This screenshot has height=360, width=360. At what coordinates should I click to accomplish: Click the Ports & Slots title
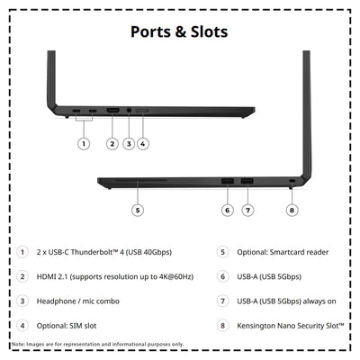point(179,31)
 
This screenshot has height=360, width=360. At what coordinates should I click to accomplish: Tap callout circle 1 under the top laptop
point(84,144)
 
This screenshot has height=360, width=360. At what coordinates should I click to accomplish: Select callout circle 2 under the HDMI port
point(112,144)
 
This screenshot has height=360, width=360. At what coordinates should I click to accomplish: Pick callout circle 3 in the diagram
point(129,144)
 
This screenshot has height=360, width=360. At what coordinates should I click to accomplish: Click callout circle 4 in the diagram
point(143,144)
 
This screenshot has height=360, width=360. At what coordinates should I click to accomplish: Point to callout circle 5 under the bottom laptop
point(138,210)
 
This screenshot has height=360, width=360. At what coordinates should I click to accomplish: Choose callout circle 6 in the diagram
point(227,210)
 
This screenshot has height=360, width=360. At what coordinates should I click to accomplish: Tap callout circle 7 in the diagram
point(247,210)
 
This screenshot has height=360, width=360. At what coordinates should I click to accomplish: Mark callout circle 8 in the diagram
point(292,210)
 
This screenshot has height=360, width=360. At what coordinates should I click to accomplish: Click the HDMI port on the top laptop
point(112,111)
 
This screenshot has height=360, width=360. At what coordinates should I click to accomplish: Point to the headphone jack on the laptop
point(129,111)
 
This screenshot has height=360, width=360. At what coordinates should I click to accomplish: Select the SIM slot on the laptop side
point(142,111)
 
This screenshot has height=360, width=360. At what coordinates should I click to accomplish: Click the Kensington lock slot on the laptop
point(292,181)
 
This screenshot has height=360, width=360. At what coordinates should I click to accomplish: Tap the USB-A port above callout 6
point(228,181)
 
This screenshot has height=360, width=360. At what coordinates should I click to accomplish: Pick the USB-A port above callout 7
point(247,181)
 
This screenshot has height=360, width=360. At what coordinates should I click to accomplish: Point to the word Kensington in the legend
point(256,326)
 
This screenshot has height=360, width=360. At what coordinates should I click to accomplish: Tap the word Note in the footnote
point(18,344)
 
